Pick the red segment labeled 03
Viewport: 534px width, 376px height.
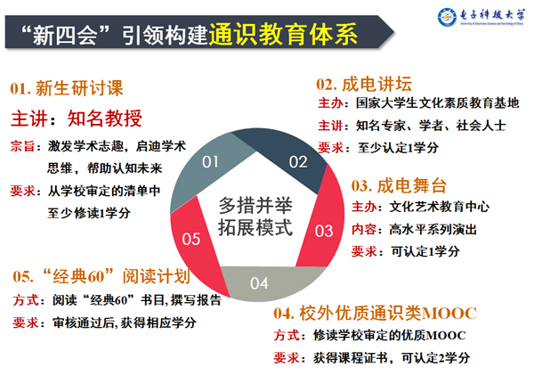tap(323, 230)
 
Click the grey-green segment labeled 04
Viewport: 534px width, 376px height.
tap(259, 282)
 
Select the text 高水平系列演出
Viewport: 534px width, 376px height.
tap(425, 230)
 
